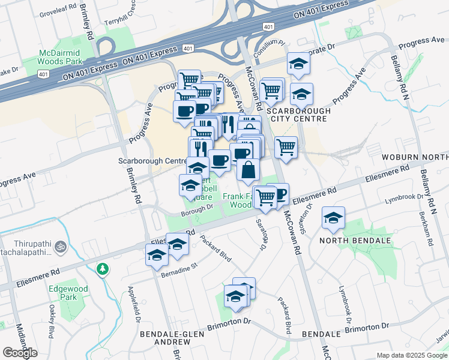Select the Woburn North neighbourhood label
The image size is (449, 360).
click(421, 157)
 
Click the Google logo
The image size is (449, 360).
click(20, 353)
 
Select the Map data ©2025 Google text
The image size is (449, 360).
click(412, 355)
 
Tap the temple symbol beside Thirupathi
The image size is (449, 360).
click(61, 246)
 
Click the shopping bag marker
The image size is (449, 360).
click(248, 169)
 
